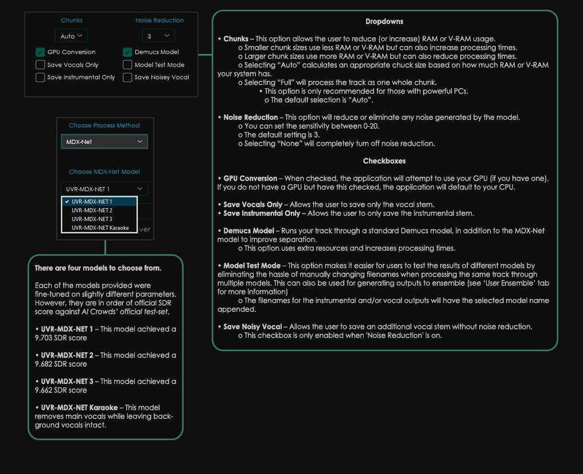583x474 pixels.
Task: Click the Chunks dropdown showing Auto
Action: pos(71,36)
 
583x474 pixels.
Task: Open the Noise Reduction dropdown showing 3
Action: pos(158,36)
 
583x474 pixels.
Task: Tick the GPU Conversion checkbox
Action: pos(40,52)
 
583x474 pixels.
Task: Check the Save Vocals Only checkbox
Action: pos(40,65)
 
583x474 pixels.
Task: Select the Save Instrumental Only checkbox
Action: pos(40,77)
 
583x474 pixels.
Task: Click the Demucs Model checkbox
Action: pos(127,52)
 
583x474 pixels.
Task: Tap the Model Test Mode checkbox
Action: pos(127,65)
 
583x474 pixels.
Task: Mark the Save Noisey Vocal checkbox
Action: pos(127,77)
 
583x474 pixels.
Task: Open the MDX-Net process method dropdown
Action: pos(104,142)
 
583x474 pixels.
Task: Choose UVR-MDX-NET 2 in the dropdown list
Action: pos(92,211)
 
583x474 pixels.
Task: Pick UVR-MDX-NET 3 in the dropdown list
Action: pos(92,219)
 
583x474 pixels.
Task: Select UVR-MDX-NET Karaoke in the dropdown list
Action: pos(100,228)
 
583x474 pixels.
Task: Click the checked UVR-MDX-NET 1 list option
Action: pos(92,202)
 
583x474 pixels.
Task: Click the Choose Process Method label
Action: pos(104,125)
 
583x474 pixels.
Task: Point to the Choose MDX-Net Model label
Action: pos(104,172)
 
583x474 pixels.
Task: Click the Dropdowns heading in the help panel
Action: pos(384,22)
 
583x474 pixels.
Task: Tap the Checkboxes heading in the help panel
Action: pos(384,161)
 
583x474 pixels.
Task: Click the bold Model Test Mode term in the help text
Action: pos(252,266)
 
